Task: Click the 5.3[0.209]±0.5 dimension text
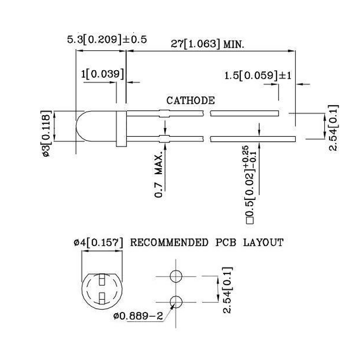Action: [107, 40]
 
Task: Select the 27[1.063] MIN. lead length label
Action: [207, 44]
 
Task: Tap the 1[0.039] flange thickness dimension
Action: [102, 74]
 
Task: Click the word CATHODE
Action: [191, 100]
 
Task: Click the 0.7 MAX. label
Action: [159, 175]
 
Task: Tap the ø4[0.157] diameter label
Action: [99, 243]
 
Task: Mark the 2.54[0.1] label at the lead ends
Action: [333, 128]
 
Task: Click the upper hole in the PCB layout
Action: [176, 276]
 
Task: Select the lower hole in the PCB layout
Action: [176, 301]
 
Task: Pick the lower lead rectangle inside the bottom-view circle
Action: [102, 297]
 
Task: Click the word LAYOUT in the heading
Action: [263, 243]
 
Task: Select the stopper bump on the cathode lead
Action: [164, 113]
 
